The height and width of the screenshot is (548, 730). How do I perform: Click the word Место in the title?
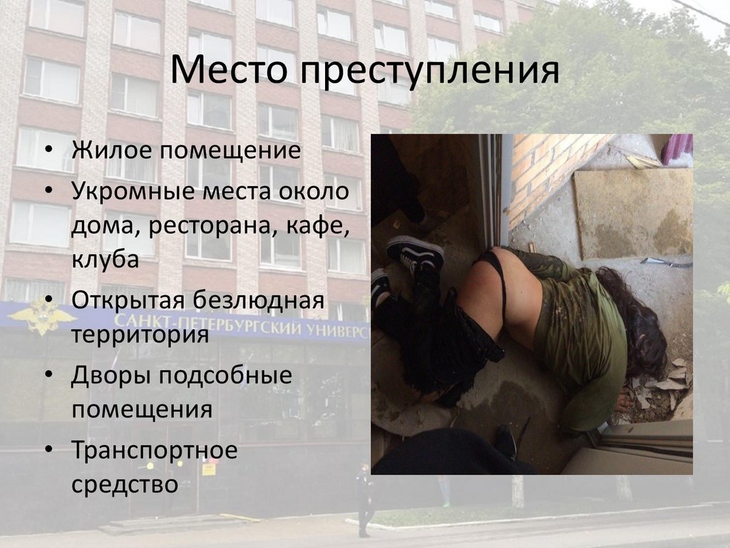point(229,70)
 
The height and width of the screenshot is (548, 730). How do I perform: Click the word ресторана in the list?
point(207,226)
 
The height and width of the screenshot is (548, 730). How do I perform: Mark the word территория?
point(140,335)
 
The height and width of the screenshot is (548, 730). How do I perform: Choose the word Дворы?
point(112,376)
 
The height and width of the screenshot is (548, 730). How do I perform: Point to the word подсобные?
point(226,375)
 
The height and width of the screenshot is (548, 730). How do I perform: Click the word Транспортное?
point(155,451)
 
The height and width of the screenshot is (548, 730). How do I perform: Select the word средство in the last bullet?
point(125,484)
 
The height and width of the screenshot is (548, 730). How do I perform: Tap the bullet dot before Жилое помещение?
point(49,150)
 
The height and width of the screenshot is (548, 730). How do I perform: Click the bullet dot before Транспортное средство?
point(49,450)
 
